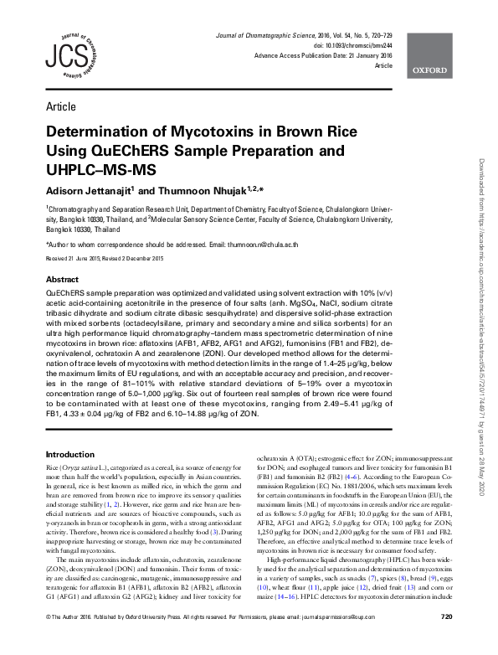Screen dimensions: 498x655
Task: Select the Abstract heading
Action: pos(63,279)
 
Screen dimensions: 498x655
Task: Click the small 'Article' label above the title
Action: pos(59,106)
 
